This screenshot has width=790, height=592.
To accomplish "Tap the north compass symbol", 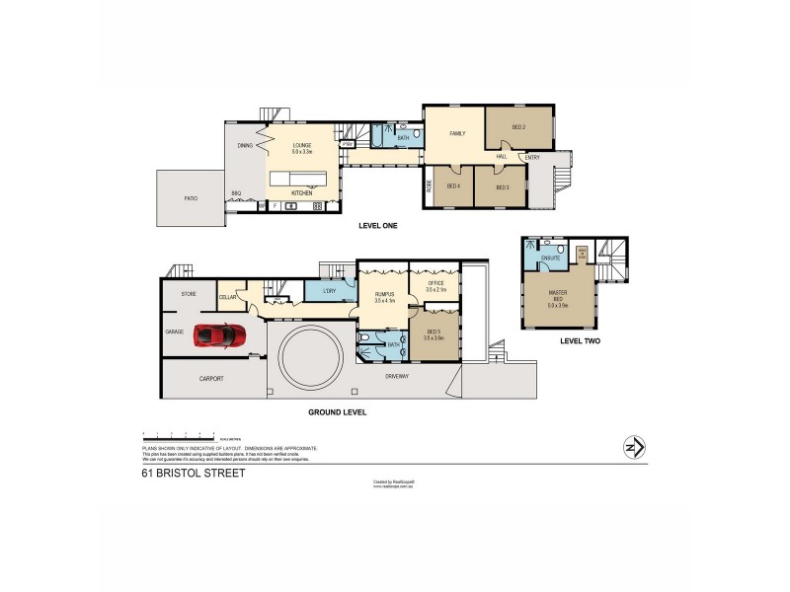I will (x=632, y=448).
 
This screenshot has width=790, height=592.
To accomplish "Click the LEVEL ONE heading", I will (x=378, y=226).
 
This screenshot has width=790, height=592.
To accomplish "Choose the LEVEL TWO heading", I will (x=580, y=340).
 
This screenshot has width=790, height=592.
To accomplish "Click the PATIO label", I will (x=190, y=198).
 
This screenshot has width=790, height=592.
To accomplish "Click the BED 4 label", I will (x=453, y=186).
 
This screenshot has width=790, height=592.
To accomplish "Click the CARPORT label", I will (x=210, y=378).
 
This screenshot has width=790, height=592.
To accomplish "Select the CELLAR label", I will (x=226, y=297).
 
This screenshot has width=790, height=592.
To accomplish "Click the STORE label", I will (x=188, y=294).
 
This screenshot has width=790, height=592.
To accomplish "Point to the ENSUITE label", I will (x=550, y=258).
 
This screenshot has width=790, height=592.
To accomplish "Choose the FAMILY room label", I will (x=457, y=133).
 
